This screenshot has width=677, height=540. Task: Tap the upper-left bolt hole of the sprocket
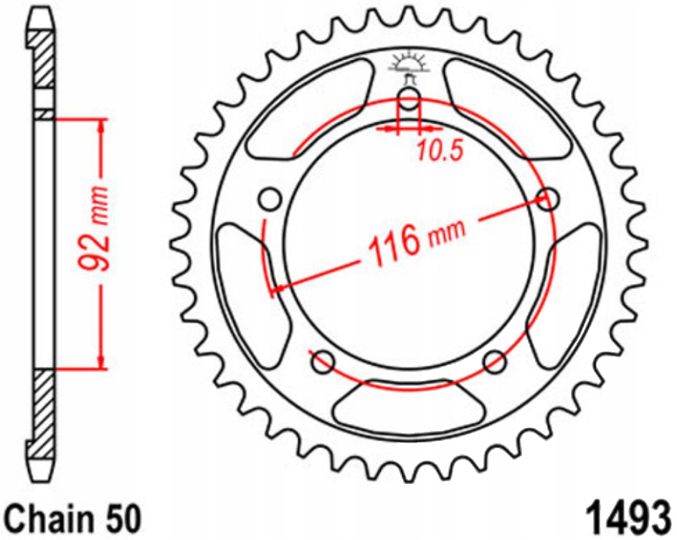coord(270,199)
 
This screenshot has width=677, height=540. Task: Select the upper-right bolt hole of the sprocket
coord(547,199)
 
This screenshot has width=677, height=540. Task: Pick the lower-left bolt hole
coord(323,361)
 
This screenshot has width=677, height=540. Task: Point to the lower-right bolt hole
coord(495,361)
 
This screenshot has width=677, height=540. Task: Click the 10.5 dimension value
coord(440,151)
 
